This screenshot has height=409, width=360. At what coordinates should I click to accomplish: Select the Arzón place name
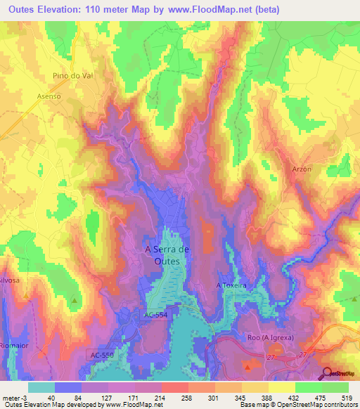click(x=301, y=169)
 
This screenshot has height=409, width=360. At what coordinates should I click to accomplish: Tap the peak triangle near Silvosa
click(x=75, y=301)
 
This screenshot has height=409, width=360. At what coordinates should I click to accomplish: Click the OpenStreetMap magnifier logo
click(x=327, y=374)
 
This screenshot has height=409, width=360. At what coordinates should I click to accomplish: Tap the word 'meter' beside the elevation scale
click(x=11, y=398)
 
